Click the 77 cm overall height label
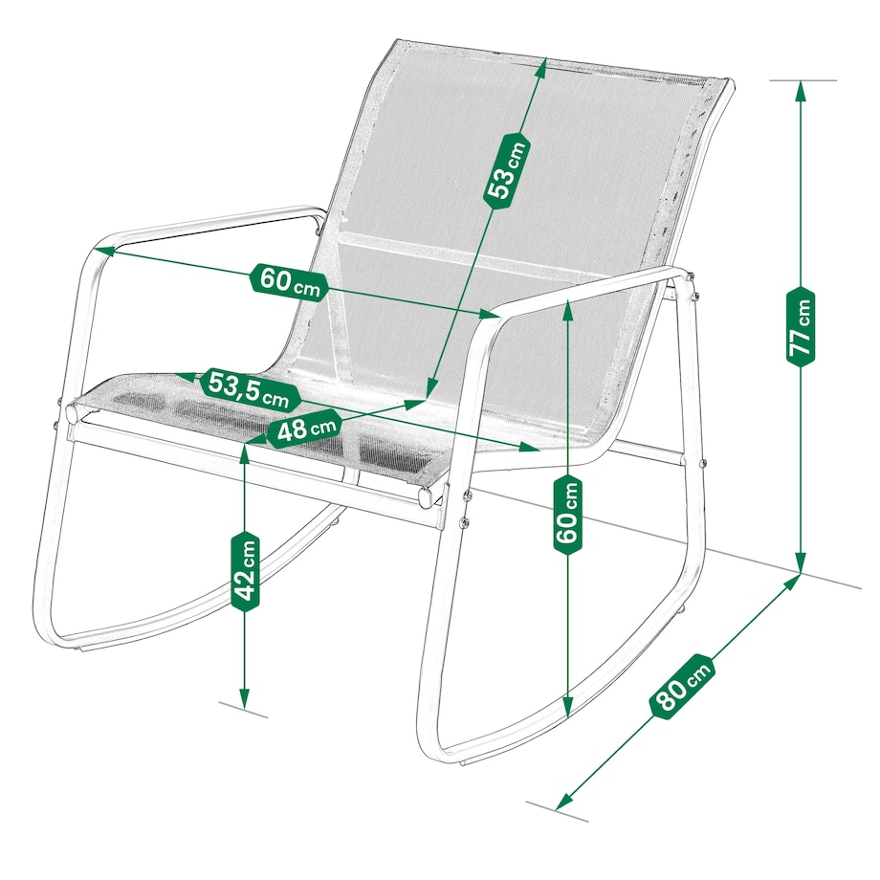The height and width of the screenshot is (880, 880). (801, 326)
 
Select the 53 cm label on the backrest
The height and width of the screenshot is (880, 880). (507, 170)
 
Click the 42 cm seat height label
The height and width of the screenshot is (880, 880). (245, 571)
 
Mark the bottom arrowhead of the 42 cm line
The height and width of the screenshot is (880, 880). (244, 697)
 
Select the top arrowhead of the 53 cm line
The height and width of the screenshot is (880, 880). (541, 68)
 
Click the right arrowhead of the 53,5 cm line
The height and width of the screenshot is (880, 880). (529, 448)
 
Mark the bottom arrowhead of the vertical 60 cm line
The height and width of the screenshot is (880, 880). (568, 708)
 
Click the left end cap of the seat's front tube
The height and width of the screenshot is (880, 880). (72, 413)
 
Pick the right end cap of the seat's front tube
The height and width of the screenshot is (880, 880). (428, 497)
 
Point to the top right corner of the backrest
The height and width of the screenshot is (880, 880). (730, 82)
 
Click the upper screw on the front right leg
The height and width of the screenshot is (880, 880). (467, 495)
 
